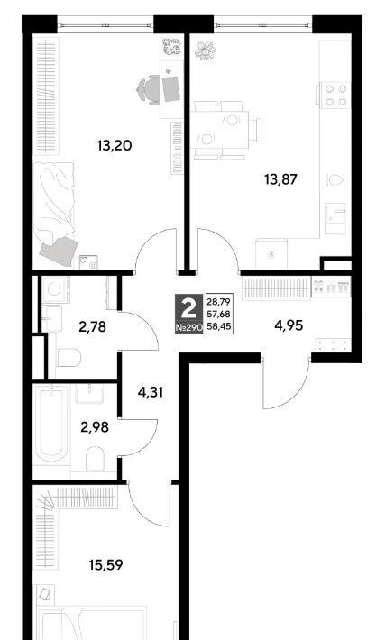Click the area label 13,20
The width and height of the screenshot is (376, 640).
click(115, 145)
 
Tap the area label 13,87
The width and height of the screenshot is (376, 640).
click(280, 179)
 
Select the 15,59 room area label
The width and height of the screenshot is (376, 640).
click(105, 565)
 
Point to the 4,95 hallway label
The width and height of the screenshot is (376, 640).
click(289, 326)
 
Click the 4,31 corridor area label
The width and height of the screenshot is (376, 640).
click(151, 393)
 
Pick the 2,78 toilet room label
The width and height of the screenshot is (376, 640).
click(93, 326)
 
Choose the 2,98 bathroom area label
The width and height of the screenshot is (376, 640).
click(95, 427)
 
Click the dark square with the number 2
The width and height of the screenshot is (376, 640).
click(189, 314)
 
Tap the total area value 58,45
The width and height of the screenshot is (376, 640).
click(219, 327)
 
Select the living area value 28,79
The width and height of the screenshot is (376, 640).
click(219, 302)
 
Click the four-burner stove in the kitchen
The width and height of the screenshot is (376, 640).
click(335, 95)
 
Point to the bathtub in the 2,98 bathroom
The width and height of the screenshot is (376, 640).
click(51, 425)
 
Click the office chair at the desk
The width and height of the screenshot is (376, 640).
click(149, 90)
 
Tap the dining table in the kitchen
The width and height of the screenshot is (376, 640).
click(220, 130)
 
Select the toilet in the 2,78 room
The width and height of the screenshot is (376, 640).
click(69, 357)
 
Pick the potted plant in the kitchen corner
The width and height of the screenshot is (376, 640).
click(206, 51)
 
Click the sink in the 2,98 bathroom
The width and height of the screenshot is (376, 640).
click(89, 394)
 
